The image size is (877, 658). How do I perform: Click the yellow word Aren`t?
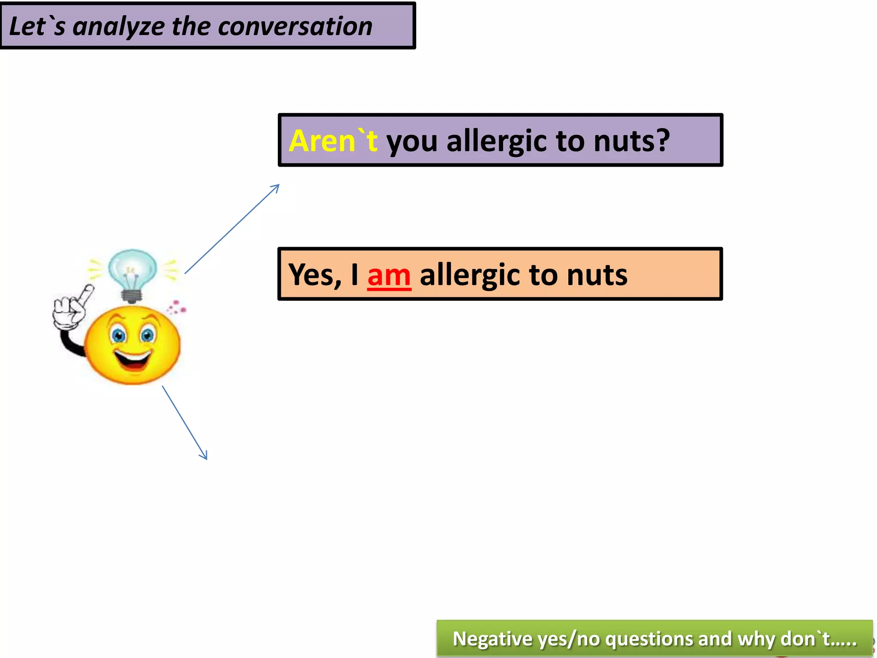click(x=333, y=141)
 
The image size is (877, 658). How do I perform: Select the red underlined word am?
click(x=389, y=275)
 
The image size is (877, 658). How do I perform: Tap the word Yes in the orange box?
click(x=315, y=275)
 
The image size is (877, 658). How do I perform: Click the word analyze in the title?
click(x=118, y=27)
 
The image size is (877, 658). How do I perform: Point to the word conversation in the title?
click(x=295, y=27)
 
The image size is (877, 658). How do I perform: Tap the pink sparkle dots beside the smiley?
click(x=176, y=307)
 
